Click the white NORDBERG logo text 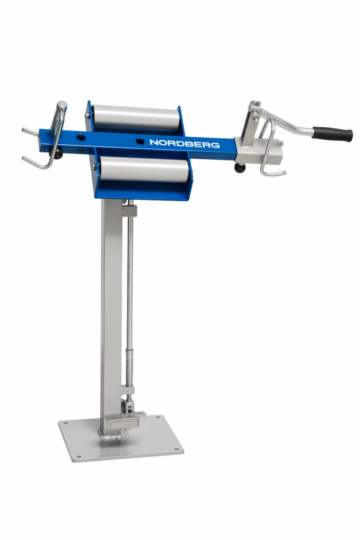[184, 143]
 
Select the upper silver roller [136, 118]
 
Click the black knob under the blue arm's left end [55, 153]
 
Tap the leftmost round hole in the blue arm [80, 138]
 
